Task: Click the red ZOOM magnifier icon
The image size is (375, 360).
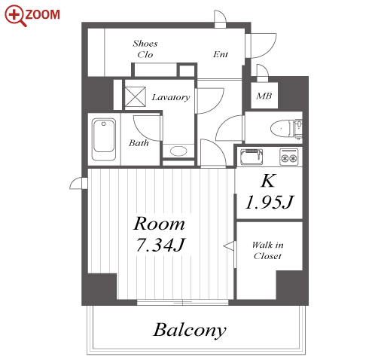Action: pos(15,15)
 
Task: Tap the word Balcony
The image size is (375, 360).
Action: pos(190,330)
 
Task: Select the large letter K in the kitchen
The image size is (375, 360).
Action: pos(268,180)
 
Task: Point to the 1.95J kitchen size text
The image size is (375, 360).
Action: pos(269,202)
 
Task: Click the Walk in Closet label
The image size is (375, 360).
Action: pos(268,250)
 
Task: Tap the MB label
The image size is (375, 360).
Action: pos(264,96)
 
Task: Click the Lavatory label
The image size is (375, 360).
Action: pos(171,97)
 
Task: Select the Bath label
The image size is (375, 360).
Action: pos(139,143)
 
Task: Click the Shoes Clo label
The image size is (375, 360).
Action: pos(145,49)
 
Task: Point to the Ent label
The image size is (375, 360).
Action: pos(221,54)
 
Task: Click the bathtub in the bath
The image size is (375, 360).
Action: pos(104,139)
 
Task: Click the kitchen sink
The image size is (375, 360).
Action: pos(252,157)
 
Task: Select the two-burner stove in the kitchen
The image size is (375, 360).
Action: pos(289,157)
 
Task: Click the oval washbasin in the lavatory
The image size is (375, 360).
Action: pos(178,151)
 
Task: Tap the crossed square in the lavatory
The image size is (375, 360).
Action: pos(136,96)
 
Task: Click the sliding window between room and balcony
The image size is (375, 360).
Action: pos(182,302)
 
